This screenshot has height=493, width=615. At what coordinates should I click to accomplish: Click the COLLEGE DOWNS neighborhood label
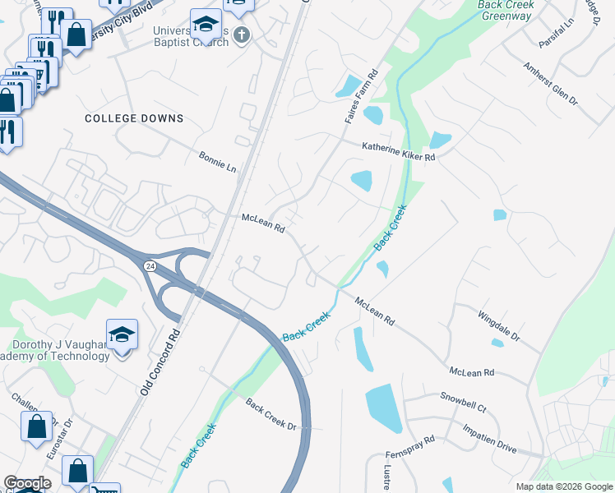click(x=134, y=118)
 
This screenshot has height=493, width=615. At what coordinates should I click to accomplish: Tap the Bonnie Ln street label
click(x=217, y=161)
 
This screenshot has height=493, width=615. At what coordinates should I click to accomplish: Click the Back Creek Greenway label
click(x=506, y=10)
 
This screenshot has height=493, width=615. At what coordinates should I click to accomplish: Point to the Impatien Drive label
click(x=489, y=438)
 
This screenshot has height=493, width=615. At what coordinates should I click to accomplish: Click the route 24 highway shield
click(x=150, y=266)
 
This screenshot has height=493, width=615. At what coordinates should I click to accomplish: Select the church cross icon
click(x=240, y=35)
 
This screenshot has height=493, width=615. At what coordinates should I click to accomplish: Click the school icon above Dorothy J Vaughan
click(x=122, y=334)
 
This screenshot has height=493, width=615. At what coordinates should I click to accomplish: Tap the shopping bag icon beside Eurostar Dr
click(x=37, y=426)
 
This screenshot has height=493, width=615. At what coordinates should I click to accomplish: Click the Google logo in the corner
click(x=27, y=483)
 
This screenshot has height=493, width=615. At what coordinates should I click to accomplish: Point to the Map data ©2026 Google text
click(x=563, y=486)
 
